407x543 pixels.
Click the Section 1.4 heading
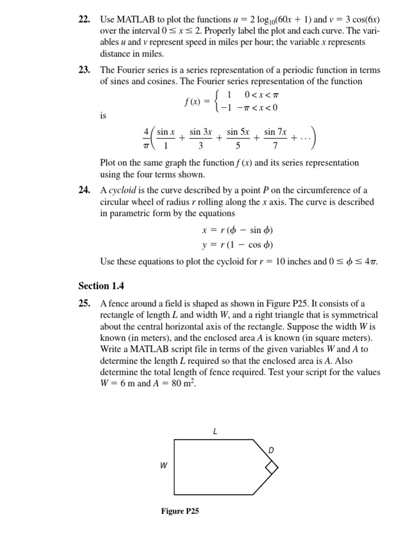point(101,286)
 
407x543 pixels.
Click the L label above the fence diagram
point(215,431)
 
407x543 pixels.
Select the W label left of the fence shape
point(164,465)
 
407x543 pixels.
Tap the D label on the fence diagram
point(271,450)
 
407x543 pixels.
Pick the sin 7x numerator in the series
point(275,132)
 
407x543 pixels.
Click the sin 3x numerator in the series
point(201,132)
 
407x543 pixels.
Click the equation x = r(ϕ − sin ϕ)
point(237,231)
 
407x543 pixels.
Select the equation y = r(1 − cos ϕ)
point(237,245)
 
